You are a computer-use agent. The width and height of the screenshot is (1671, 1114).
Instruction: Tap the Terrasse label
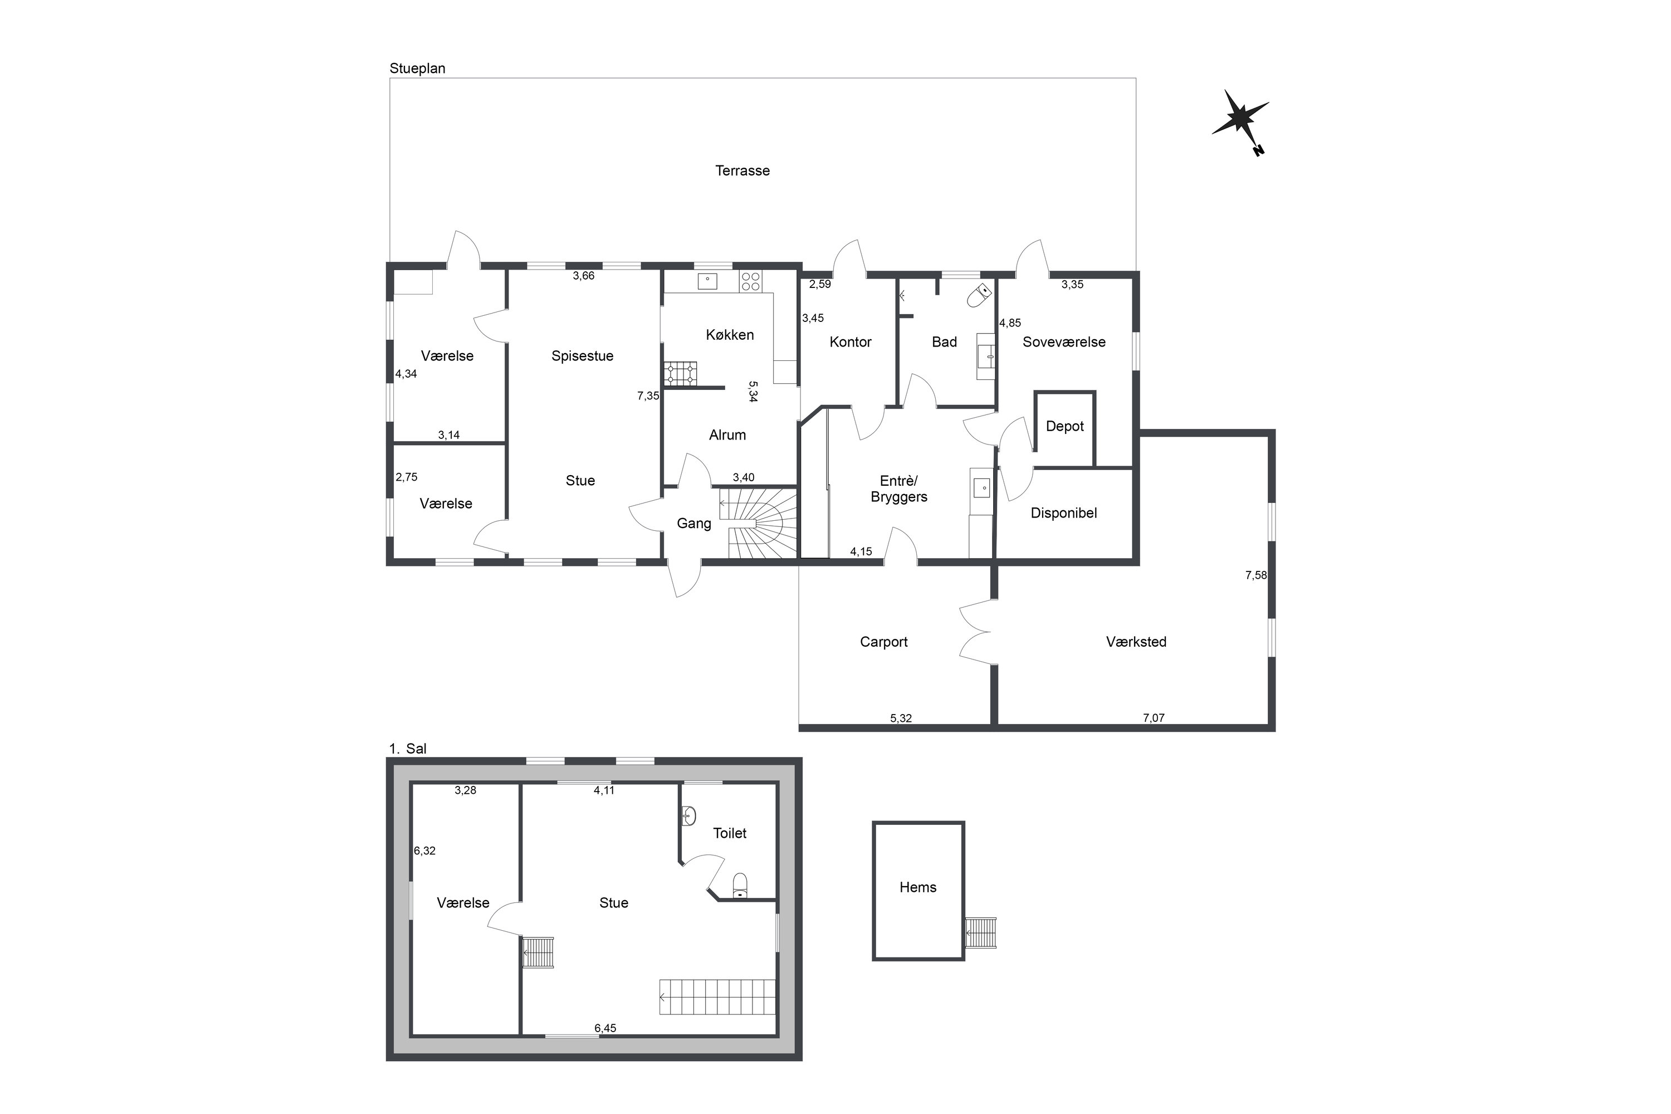(742, 170)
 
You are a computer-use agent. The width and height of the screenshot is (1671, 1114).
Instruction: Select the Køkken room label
(730, 335)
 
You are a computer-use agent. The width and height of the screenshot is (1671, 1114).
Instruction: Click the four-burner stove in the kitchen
(750, 281)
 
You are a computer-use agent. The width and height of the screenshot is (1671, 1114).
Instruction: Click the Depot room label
(1065, 426)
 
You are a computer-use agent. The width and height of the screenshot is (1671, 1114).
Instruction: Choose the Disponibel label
(1063, 513)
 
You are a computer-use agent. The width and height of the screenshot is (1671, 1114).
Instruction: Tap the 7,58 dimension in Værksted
(1255, 575)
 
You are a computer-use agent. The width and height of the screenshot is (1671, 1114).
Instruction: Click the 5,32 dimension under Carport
(901, 719)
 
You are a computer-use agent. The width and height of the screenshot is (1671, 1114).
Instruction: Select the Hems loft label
(918, 887)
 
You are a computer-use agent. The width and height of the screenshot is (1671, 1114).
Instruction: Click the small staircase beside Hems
(981, 933)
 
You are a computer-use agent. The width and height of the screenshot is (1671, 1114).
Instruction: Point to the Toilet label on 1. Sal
(730, 833)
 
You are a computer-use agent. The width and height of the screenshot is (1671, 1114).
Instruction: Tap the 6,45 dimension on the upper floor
(605, 1028)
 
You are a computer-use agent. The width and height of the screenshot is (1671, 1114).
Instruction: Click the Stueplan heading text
(418, 68)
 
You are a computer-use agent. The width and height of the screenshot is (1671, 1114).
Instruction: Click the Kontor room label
(851, 343)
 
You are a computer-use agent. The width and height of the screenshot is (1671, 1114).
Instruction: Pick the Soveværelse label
(1063, 342)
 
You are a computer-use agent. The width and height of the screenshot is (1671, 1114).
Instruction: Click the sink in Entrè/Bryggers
(981, 487)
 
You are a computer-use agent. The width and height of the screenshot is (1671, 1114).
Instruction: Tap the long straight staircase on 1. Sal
(717, 997)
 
